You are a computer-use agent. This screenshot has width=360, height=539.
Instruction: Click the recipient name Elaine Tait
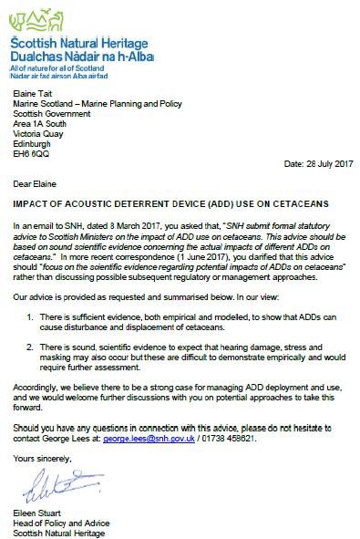(35, 92)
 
